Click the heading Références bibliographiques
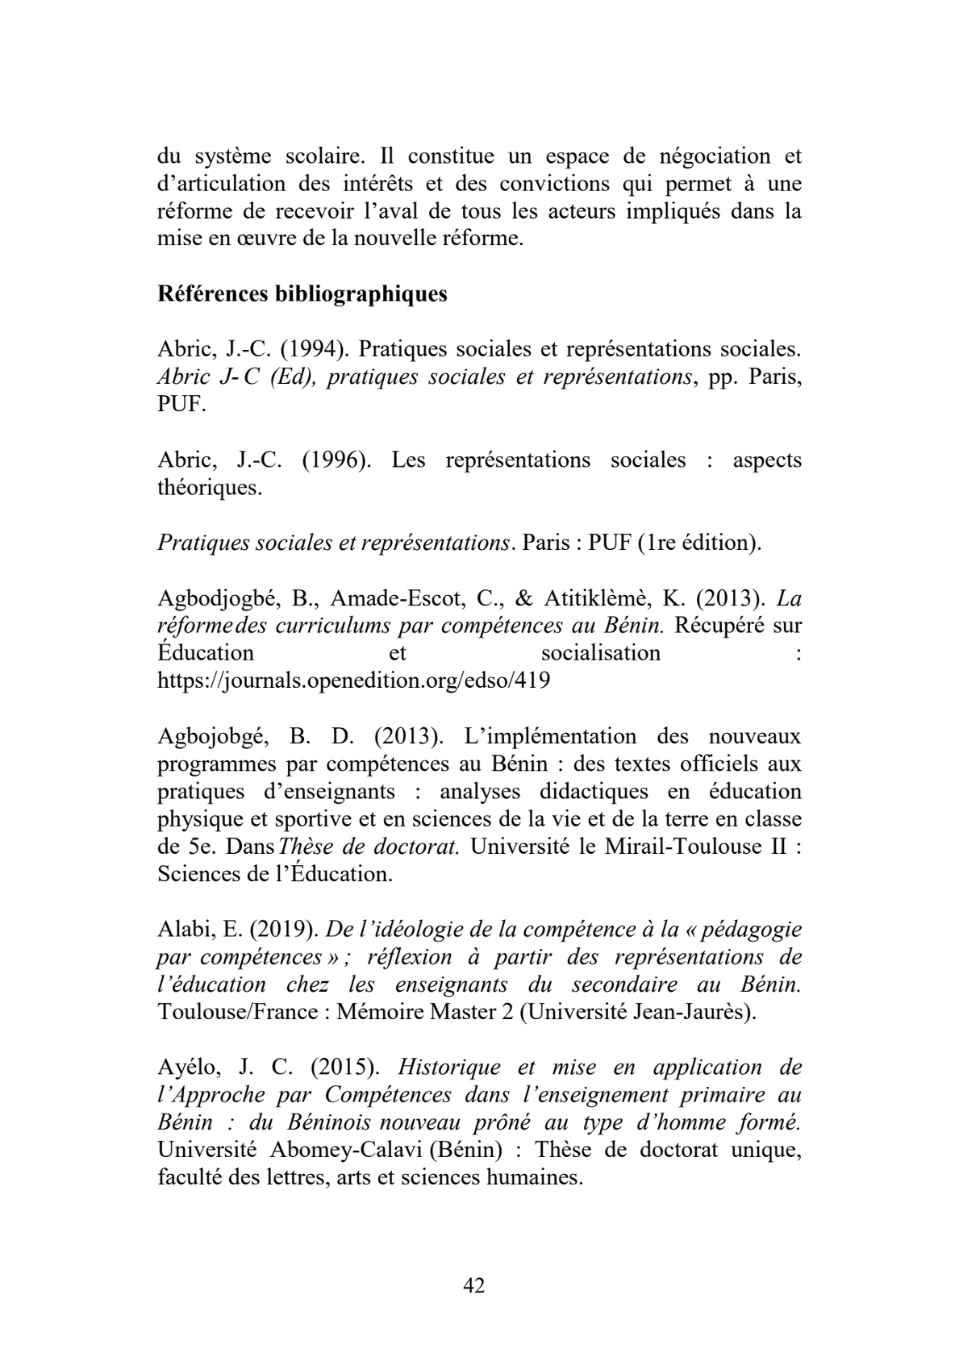click(302, 294)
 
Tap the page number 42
click(474, 1285)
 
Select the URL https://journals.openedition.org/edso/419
click(354, 681)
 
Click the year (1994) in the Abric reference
click(307, 350)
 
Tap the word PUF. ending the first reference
click(181, 405)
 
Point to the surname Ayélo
click(189, 1068)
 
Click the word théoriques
click(210, 488)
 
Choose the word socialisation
click(600, 652)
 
